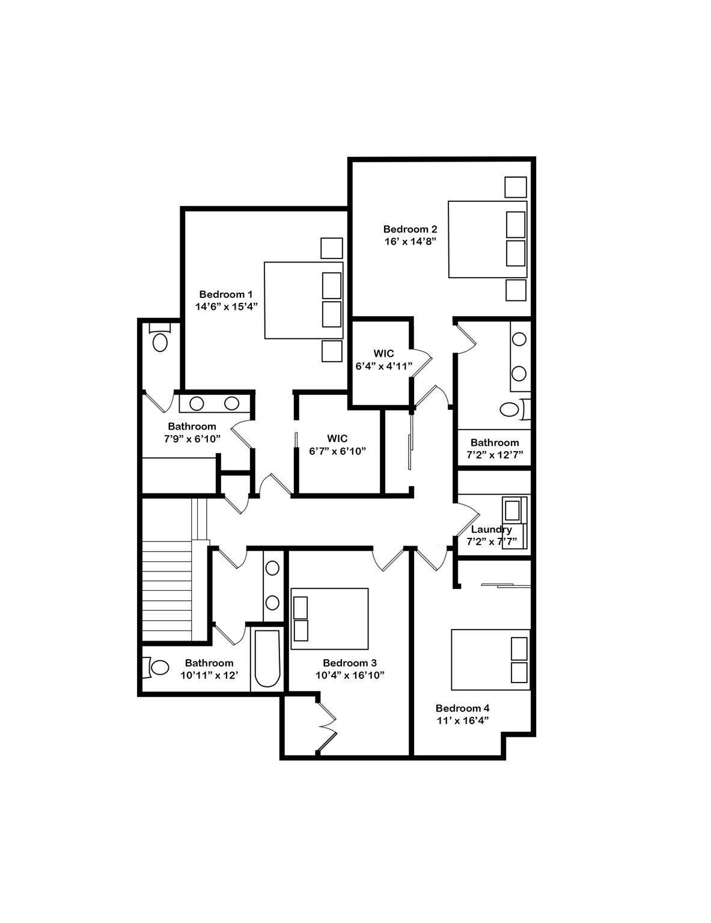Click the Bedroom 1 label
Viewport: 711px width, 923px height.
[225, 294]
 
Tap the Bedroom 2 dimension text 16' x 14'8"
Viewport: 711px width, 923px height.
[410, 241]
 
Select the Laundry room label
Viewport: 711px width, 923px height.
[492, 529]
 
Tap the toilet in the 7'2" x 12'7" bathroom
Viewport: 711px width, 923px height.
[514, 409]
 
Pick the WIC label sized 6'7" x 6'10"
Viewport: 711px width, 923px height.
[337, 438]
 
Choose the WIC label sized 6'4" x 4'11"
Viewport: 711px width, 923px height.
[383, 353]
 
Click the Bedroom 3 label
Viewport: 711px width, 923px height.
[350, 663]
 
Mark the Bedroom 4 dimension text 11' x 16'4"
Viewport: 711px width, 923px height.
[463, 720]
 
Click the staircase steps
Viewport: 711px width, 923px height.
[166, 591]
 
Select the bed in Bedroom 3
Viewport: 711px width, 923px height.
[329, 618]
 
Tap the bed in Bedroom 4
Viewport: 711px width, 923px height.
[490, 660]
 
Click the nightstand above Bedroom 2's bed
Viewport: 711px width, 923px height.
[516, 187]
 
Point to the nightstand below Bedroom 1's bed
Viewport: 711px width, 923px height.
[332, 351]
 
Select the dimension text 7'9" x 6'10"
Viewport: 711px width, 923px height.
[192, 438]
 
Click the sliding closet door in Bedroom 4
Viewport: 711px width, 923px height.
[506, 586]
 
